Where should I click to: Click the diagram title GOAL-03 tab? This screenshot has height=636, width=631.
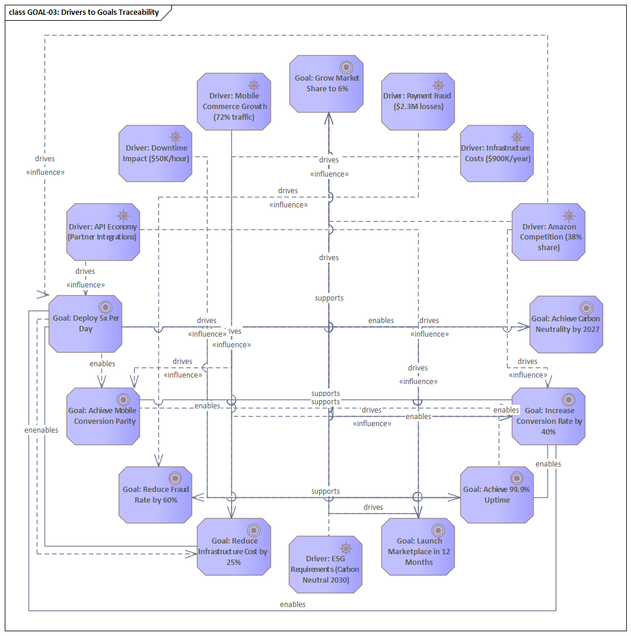pos(84,12)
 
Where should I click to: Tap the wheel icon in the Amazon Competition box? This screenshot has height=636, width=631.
pos(569,215)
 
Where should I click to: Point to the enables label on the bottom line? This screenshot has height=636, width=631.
pos(293,604)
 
